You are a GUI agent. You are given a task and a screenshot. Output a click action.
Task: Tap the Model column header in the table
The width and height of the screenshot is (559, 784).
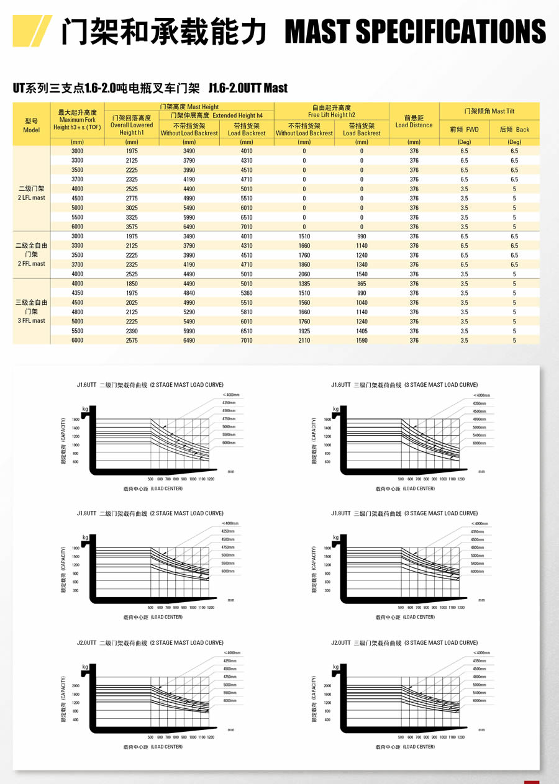(x=31, y=125)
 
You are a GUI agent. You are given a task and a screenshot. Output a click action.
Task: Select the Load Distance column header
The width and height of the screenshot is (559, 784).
(x=414, y=121)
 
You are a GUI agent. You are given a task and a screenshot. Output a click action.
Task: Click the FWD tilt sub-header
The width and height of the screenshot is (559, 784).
(x=464, y=130)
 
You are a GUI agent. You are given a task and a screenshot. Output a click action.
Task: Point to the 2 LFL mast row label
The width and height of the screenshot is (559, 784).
(x=31, y=193)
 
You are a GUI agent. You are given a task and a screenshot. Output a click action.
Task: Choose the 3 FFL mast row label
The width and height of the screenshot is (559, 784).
(x=31, y=312)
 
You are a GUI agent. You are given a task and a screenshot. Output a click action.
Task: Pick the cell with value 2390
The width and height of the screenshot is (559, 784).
(x=132, y=331)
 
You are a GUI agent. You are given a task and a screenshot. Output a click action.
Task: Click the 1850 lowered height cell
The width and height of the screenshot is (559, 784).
(x=132, y=284)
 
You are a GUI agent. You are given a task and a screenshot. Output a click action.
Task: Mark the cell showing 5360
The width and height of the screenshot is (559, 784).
(x=247, y=293)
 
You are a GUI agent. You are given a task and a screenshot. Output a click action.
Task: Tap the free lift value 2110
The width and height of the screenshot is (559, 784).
(x=304, y=340)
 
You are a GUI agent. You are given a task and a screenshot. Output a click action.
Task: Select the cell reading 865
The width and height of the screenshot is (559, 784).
(x=361, y=284)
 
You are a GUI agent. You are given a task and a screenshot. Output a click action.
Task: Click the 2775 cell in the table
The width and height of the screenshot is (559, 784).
(x=132, y=198)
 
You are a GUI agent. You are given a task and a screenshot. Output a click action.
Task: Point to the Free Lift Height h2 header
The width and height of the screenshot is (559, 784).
(x=332, y=111)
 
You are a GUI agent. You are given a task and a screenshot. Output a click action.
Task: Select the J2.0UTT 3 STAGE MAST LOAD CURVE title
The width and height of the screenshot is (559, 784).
(x=404, y=643)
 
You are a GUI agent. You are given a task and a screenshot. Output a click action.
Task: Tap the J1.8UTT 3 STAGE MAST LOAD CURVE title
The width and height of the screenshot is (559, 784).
(x=404, y=513)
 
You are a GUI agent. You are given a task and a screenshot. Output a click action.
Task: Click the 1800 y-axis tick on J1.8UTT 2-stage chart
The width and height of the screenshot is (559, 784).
(x=75, y=548)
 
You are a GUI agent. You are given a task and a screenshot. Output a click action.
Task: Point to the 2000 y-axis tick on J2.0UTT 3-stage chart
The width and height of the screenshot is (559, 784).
(x=327, y=686)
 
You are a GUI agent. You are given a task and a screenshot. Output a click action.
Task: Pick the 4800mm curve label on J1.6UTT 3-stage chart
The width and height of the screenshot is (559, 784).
(x=479, y=419)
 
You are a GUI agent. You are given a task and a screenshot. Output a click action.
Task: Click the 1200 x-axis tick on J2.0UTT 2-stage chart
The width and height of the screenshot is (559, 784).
(x=211, y=737)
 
